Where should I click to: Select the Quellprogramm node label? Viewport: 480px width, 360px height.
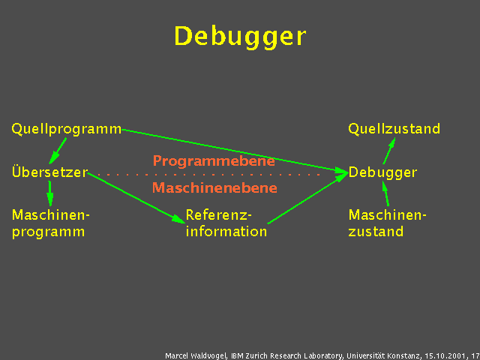coord(66,129)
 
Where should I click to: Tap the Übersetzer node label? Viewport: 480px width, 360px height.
coord(49,172)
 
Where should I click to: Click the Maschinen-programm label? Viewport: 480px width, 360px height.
coord(50,223)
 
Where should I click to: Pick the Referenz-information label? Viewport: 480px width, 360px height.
coord(226,223)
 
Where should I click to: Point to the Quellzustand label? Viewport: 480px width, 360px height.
coord(394,129)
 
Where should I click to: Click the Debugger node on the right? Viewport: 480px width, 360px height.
coord(382,172)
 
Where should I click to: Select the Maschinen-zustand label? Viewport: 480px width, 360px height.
coord(387,223)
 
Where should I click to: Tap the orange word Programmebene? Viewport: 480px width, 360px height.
coord(214,160)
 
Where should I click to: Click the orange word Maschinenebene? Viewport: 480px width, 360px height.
coord(214,188)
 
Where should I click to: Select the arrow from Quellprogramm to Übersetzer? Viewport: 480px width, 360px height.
coord(57,150)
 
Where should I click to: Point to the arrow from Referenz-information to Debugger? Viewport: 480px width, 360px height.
coord(307,198)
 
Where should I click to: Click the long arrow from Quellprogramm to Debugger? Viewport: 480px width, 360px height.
coord(232,150)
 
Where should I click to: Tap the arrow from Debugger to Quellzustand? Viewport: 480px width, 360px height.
coord(388,151)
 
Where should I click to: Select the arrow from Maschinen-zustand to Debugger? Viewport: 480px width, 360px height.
coord(387,194)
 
